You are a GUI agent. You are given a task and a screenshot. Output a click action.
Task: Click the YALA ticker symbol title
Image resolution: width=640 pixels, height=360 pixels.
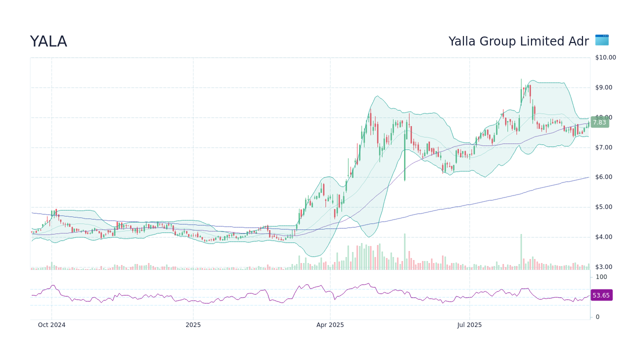point(48,42)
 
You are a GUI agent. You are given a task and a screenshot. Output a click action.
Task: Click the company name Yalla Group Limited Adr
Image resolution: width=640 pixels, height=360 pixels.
point(518,41)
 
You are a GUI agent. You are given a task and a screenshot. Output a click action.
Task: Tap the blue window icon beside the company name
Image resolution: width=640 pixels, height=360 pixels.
point(601,40)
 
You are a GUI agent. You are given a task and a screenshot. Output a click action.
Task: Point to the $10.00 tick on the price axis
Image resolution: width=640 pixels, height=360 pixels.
point(605,57)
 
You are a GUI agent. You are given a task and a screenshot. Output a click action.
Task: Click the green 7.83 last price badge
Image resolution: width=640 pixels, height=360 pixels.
point(599,122)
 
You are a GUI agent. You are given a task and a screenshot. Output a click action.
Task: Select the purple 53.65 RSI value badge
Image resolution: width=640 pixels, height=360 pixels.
point(601,295)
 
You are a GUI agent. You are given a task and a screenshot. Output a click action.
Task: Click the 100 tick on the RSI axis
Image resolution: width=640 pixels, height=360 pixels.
point(601,277)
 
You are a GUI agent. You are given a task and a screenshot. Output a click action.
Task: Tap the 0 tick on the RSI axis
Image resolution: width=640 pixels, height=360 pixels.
point(597,317)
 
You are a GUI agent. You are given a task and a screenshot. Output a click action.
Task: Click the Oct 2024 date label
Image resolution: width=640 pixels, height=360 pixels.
point(51,325)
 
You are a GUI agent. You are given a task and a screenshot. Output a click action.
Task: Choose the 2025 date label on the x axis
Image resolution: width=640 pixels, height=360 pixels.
point(193,325)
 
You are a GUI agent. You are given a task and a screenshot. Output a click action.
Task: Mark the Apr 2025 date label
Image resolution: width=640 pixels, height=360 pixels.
point(330,325)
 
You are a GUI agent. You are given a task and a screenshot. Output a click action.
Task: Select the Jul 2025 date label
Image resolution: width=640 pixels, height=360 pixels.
point(469,325)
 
